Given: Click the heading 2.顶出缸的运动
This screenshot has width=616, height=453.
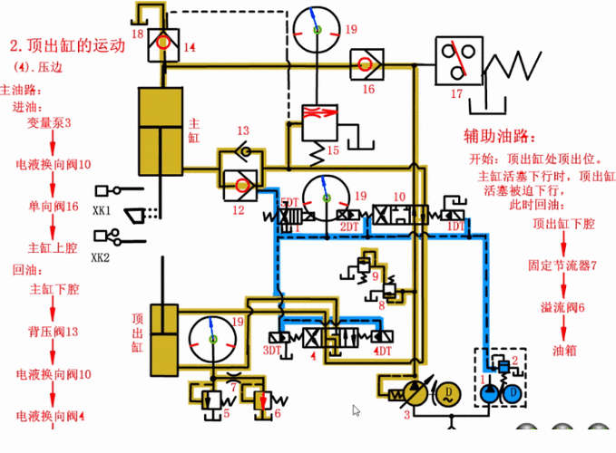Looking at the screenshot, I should point(64,47).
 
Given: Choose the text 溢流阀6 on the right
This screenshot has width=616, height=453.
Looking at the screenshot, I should point(562,307).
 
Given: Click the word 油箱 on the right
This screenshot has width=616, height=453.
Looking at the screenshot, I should point(563,349).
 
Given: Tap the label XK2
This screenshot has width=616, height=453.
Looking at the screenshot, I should point(100,256).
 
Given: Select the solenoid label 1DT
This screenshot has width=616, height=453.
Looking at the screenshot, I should point(456,225).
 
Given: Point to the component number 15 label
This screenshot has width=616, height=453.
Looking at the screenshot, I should point(333,150).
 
